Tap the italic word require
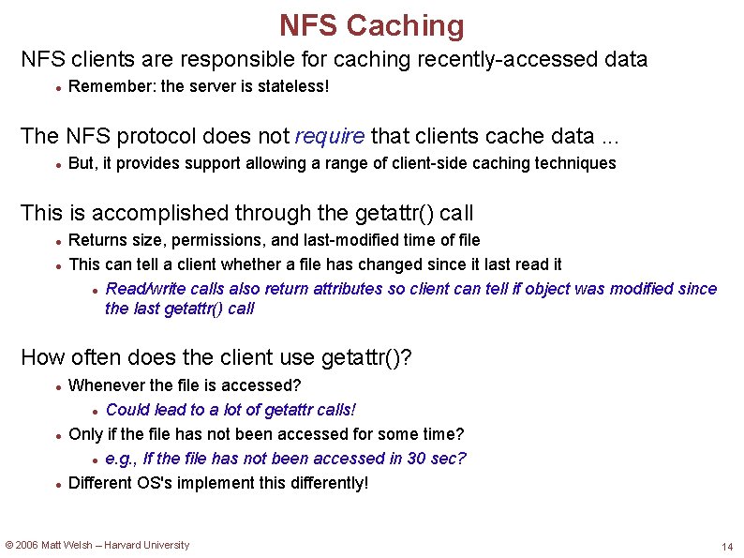pos(330,136)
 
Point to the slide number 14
pos(727,547)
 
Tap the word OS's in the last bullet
pos(156,483)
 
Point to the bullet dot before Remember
pos(58,88)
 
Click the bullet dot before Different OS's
pos(58,484)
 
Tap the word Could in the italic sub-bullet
pos(127,410)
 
